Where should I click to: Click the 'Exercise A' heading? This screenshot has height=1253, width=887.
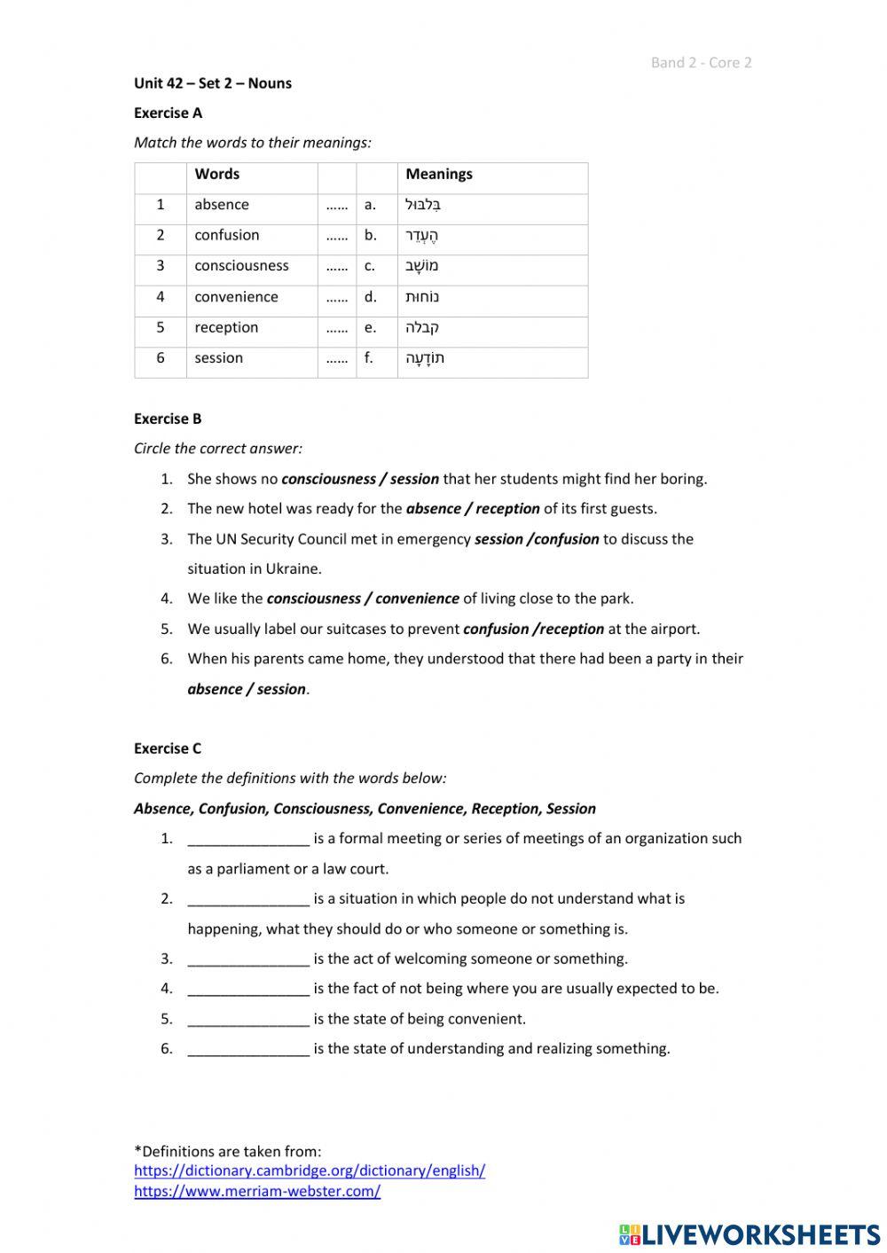(168, 113)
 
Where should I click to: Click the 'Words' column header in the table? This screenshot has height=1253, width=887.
(216, 174)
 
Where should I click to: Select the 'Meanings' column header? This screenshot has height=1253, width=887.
(438, 174)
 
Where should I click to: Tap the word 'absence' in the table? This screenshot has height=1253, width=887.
(222, 205)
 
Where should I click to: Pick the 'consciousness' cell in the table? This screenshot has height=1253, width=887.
(241, 266)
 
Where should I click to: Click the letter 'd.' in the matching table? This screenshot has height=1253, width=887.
(370, 297)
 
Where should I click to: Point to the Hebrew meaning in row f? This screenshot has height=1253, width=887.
(425, 358)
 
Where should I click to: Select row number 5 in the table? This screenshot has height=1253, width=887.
(161, 327)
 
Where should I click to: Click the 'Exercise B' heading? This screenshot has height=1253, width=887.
(168, 419)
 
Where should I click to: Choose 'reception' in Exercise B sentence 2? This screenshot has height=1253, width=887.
(507, 509)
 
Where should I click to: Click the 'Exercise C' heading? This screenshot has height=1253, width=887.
(168, 748)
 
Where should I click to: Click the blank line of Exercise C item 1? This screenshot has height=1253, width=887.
(248, 839)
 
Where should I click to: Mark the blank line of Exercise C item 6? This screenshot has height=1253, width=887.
(248, 1049)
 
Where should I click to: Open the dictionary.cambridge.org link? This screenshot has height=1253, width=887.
(310, 1171)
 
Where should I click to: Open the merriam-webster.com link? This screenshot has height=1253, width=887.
(257, 1191)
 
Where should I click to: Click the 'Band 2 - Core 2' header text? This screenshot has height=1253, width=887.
(701, 62)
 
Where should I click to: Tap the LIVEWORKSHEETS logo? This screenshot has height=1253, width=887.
(750, 1233)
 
